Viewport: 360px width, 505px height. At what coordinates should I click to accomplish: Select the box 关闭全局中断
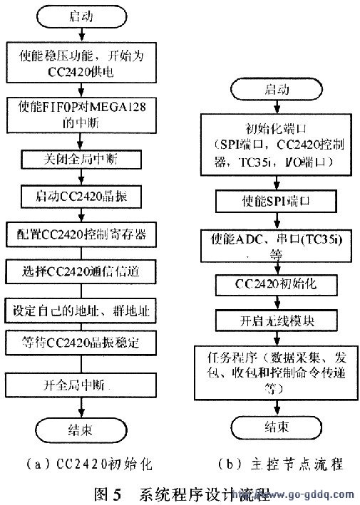pos(85,157)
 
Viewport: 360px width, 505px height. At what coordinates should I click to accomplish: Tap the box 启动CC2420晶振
pos(85,195)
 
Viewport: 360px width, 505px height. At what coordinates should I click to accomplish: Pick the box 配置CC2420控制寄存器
pos(85,233)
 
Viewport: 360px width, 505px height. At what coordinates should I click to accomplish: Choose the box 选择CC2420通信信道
pos(85,271)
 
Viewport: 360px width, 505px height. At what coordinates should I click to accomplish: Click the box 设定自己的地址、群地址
pos(85,311)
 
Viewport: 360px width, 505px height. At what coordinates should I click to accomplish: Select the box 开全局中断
pos(85,385)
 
